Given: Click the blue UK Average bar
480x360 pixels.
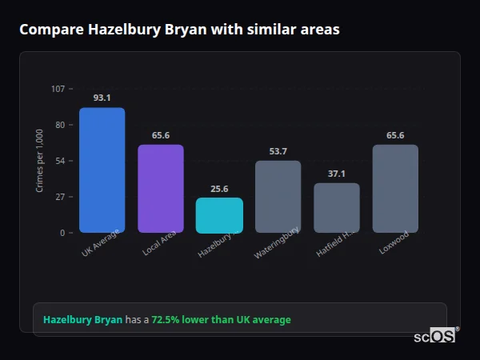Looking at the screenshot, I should (x=102, y=170).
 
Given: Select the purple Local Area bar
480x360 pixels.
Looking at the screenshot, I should (x=160, y=188).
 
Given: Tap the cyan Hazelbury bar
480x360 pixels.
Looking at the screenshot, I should (x=219, y=215).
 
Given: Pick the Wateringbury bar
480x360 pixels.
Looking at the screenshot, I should (x=278, y=196).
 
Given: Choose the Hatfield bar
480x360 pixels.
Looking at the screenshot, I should (x=337, y=207).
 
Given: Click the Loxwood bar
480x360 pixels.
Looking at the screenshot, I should (x=395, y=188).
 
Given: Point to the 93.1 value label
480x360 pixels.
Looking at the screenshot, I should (x=102, y=98).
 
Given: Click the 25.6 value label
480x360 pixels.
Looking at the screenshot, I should (x=219, y=189).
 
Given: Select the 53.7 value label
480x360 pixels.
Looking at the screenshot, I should (x=278, y=151).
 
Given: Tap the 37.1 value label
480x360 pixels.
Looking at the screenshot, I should (x=337, y=174).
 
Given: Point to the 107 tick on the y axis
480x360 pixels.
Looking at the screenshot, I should (x=58, y=88).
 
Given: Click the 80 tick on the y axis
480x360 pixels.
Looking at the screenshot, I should (x=60, y=125).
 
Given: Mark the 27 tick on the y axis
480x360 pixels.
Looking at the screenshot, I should (x=60, y=197).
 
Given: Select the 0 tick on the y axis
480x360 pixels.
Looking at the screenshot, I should (x=62, y=233).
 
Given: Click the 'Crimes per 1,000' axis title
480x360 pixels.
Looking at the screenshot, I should (x=40, y=160).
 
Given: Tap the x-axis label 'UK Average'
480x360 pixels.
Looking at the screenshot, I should (x=101, y=244).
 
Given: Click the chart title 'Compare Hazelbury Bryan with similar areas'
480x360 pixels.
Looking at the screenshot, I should (x=179, y=30).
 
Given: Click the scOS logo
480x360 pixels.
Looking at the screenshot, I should (x=434, y=336).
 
